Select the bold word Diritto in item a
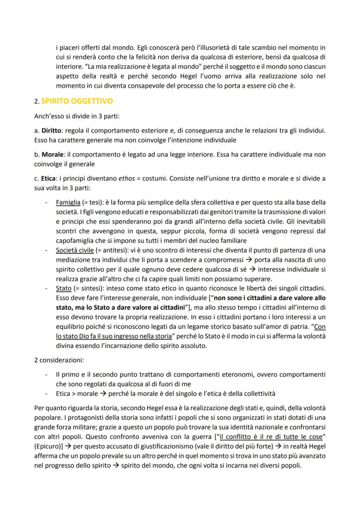(51, 131)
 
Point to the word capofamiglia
(76, 240)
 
